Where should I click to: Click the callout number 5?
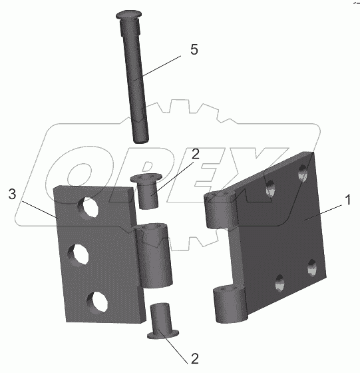click(x=194, y=50)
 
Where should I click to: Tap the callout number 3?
click(x=13, y=194)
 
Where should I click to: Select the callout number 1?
click(x=347, y=200)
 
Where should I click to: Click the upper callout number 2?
click(x=196, y=154)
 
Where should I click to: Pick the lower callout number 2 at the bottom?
click(x=194, y=358)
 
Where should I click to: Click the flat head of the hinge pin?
click(x=129, y=15)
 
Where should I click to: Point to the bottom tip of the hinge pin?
click(x=141, y=142)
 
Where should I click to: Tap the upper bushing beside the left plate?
click(x=147, y=191)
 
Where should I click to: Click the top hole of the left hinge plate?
click(x=88, y=206)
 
